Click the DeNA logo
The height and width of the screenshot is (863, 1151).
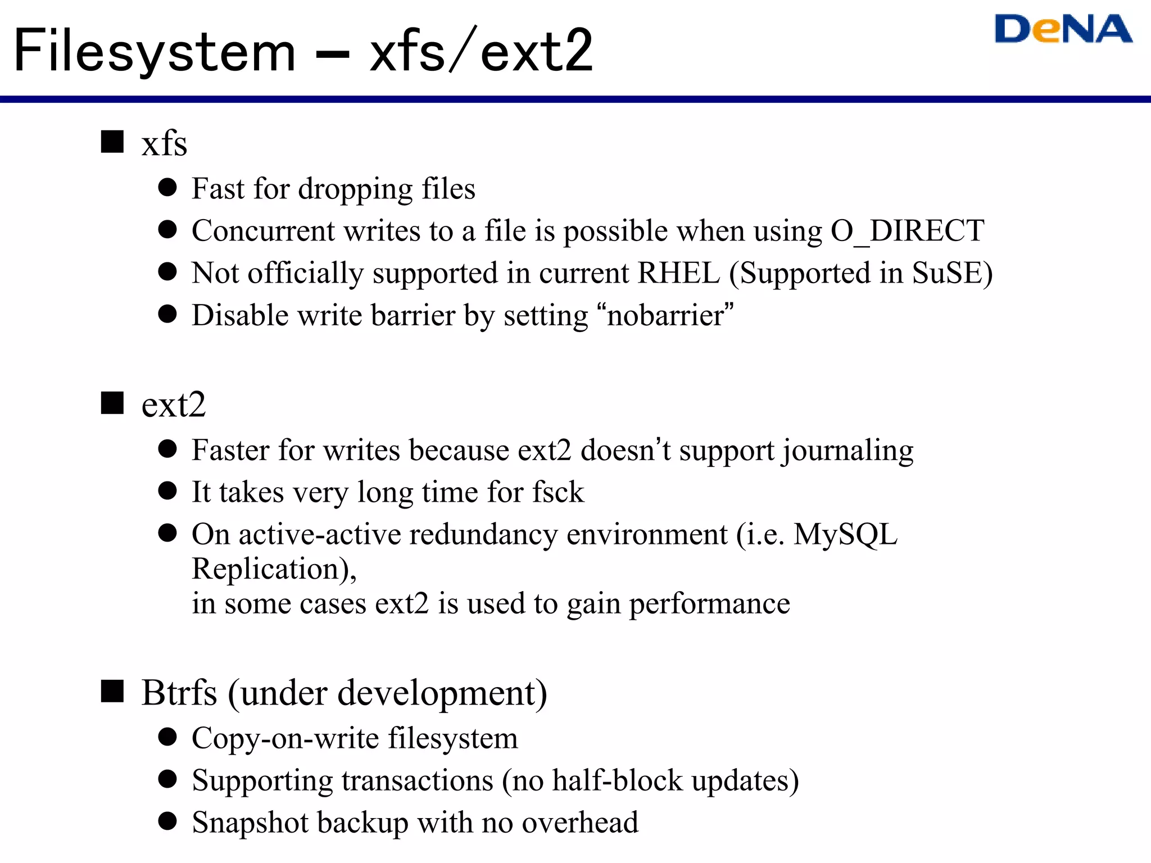point(1063,29)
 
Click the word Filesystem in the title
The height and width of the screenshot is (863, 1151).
point(155,52)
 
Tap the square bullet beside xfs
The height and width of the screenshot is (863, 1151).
point(112,142)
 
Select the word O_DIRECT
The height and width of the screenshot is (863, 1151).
point(907,231)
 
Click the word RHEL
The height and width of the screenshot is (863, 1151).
point(679,273)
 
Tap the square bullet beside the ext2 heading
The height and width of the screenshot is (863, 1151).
point(112,403)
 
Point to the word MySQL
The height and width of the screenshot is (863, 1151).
point(845,535)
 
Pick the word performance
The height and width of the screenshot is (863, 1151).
point(709,605)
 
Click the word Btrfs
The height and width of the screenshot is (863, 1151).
point(179,693)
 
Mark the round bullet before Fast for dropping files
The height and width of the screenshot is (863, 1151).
point(167,187)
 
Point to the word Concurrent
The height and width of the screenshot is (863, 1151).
point(263,231)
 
